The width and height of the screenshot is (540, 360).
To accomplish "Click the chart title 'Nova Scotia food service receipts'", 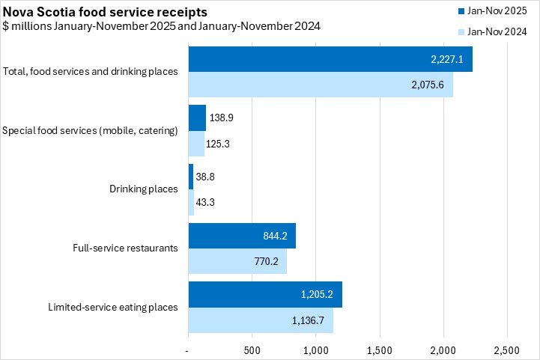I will tap(106, 13).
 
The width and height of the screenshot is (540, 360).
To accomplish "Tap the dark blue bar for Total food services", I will tap(330, 60).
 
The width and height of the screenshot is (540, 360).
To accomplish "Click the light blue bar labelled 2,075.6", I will tap(320, 85).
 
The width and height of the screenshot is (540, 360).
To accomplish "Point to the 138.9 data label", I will tap(222, 118).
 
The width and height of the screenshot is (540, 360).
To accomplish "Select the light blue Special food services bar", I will tap(195, 143).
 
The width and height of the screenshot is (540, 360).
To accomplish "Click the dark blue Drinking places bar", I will tap(190, 177).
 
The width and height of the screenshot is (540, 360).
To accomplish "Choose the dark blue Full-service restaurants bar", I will tap(241, 236).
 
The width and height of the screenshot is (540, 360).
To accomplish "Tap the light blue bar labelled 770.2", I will tap(237, 261).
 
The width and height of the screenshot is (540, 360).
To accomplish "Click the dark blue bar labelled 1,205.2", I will tap(264, 294).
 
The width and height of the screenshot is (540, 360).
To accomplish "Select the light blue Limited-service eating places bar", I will tap(260, 320).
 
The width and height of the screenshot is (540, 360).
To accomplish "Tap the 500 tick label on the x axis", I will tap(252, 350).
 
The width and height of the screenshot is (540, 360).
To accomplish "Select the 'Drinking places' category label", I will tap(143, 189).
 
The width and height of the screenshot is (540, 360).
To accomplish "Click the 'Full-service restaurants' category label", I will tap(125, 248).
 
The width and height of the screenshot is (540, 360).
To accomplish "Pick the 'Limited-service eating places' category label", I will tap(112, 307).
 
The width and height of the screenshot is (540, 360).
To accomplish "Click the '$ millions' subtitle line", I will tap(161, 27).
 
